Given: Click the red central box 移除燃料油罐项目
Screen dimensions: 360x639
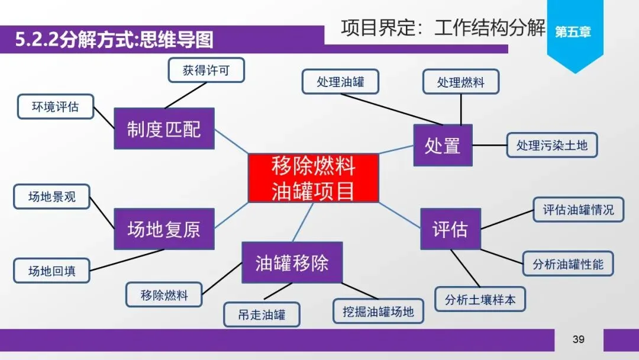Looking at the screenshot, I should coord(313,178).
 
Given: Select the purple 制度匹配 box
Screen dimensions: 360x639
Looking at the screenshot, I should coord(164,128).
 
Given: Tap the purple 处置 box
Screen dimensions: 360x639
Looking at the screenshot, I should coord(443,145).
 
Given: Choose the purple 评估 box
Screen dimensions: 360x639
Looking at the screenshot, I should coord(450,229).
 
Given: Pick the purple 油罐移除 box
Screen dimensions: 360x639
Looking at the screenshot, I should coord(292,262).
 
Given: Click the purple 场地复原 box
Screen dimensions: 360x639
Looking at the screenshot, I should coord(164,229).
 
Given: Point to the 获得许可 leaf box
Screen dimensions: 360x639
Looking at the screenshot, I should coord(206,70).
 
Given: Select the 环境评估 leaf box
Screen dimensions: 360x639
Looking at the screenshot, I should coord(55,107).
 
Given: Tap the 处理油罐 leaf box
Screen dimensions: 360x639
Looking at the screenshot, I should coord(340,82).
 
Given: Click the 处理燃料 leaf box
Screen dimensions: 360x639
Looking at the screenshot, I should coord(461,82).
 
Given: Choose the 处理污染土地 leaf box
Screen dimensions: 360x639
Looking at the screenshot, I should coord(552,144).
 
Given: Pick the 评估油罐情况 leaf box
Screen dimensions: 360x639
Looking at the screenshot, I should coord(578,210).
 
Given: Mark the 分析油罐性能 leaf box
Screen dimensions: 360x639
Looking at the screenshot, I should coord(568,263).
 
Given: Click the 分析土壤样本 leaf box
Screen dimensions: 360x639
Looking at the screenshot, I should coord(480,299).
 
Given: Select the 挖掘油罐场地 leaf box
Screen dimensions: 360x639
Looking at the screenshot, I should coord(379,311).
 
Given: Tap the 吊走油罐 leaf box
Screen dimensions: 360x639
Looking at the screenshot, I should coord(262,314).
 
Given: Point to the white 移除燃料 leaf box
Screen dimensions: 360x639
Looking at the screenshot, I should coord(164,295).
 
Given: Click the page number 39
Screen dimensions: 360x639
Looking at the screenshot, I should coord(578,339).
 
